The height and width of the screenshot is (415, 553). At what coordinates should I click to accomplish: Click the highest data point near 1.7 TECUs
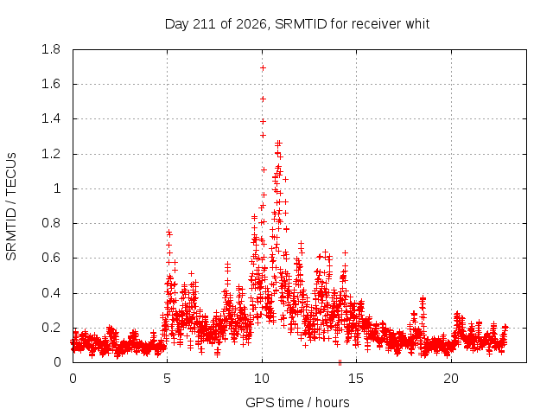coord(263,67)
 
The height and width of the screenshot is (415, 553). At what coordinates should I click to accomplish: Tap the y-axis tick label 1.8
coord(51,49)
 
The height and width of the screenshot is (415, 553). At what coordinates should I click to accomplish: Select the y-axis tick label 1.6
coord(51,85)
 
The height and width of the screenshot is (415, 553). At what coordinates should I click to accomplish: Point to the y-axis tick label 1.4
coord(51,119)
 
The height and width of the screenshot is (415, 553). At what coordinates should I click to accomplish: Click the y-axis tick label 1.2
coord(51,154)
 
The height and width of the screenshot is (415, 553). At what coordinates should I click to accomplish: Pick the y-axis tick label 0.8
coord(51,223)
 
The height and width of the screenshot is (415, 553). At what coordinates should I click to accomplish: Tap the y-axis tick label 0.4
coord(51,293)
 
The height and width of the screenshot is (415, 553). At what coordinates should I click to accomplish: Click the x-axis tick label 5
coord(167,379)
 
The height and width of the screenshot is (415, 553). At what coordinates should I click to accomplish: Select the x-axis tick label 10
coord(262,379)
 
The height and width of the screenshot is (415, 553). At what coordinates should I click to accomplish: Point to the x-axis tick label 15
coord(356,379)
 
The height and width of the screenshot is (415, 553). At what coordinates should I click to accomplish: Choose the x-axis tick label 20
coord(451,379)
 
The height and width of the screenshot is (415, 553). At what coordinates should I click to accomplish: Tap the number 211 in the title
coord(205,24)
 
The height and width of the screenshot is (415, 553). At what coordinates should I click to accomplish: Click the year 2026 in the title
coord(251,24)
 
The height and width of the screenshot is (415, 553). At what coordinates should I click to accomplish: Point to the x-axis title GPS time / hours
coord(297,402)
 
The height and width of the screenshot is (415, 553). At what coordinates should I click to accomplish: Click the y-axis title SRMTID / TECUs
coord(11,207)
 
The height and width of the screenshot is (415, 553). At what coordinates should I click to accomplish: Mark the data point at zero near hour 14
coord(340,362)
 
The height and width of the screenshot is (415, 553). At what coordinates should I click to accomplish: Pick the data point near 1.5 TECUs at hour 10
coord(263,99)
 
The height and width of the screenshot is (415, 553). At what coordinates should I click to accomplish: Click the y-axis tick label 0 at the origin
coord(57,362)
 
